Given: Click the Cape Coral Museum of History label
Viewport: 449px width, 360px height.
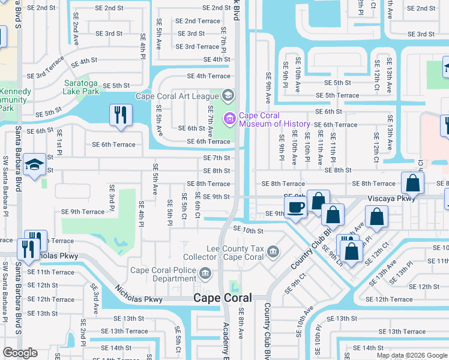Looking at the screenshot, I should pyautogui.click(x=274, y=120).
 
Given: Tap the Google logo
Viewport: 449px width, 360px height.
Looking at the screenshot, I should pyautogui.click(x=20, y=353).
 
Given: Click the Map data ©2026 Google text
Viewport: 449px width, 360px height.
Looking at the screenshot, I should pyautogui.click(x=412, y=355).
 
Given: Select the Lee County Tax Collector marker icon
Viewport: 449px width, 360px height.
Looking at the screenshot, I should pyautogui.click(x=273, y=250).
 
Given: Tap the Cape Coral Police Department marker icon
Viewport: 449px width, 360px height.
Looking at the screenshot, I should pyautogui.click(x=205, y=274).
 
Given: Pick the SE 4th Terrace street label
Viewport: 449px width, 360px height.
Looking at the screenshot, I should pyautogui.click(x=208, y=76).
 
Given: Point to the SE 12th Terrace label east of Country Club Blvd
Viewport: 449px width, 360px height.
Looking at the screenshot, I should pyautogui.click(x=393, y=299).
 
